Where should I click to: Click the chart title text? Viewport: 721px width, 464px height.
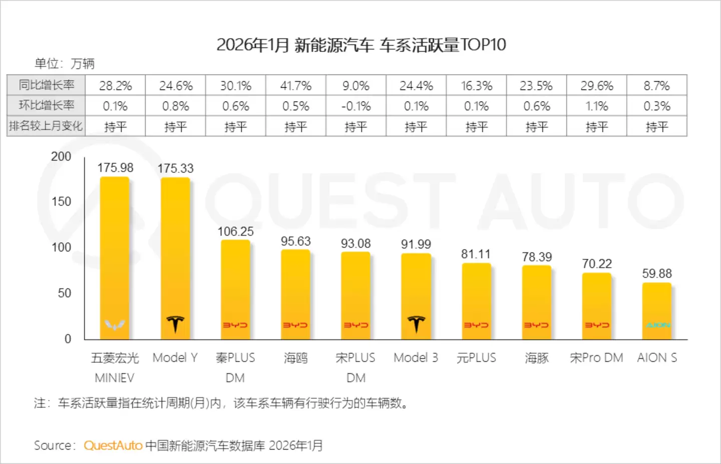pyautogui.click(x=361, y=45)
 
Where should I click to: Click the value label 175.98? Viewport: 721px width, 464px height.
pyautogui.click(x=115, y=168)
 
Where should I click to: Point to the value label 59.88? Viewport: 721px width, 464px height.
pyautogui.click(x=657, y=274)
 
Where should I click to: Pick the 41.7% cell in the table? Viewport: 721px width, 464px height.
pyautogui.click(x=296, y=86)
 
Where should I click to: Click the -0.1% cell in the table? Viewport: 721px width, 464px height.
pyautogui.click(x=356, y=106)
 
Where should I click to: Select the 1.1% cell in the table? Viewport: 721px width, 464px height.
pyautogui.click(x=597, y=106)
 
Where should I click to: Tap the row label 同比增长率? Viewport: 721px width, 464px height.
pyautogui.click(x=46, y=85)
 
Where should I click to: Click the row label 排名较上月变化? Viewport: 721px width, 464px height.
pyautogui.click(x=46, y=126)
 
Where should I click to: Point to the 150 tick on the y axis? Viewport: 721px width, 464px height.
pyautogui.click(x=62, y=202)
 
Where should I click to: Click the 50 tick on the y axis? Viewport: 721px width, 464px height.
pyautogui.click(x=65, y=293)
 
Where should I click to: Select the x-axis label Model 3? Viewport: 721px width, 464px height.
pyautogui.click(x=416, y=358)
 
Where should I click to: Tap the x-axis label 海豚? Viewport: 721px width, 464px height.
pyautogui.click(x=537, y=358)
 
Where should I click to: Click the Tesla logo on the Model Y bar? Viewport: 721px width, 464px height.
pyautogui.click(x=175, y=324)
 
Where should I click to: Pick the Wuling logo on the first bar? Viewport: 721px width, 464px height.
pyautogui.click(x=115, y=325)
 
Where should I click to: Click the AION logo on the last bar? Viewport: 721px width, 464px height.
pyautogui.click(x=657, y=325)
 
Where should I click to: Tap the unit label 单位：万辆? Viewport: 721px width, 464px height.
pyautogui.click(x=65, y=64)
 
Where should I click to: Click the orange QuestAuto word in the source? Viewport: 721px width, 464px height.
pyautogui.click(x=113, y=445)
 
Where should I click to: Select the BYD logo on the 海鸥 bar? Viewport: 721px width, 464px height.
pyautogui.click(x=295, y=325)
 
